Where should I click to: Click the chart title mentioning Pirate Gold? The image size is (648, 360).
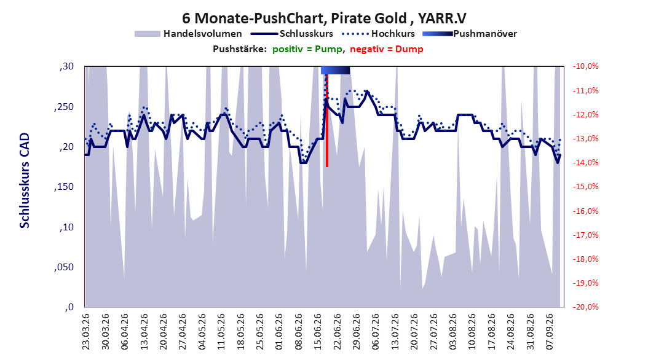[324, 18]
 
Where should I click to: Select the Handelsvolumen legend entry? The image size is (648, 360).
[188, 34]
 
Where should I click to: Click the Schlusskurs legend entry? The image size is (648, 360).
[292, 34]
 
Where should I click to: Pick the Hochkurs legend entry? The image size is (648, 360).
[378, 34]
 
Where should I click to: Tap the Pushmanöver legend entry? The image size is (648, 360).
[470, 34]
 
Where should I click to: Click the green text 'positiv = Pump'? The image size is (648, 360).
[307, 49]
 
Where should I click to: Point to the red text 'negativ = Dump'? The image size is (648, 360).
[387, 49]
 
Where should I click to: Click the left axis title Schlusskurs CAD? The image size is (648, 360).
[25, 181]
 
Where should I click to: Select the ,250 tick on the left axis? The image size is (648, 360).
[64, 106]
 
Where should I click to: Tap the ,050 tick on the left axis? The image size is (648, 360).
[64, 267]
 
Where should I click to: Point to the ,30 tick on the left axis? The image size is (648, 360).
[66, 66]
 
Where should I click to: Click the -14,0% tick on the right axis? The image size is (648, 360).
[585, 163]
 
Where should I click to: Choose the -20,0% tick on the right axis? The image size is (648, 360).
[585, 307]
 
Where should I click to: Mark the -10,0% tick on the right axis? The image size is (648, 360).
[585, 66]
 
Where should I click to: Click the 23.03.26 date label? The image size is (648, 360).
[85, 332]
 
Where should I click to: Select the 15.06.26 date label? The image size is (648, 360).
[318, 332]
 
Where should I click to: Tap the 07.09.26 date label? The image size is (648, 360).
[550, 332]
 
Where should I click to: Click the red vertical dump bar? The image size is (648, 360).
[327, 120]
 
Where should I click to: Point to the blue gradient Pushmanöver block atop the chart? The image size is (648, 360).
[335, 70]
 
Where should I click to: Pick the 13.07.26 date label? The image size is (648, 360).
[395, 332]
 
